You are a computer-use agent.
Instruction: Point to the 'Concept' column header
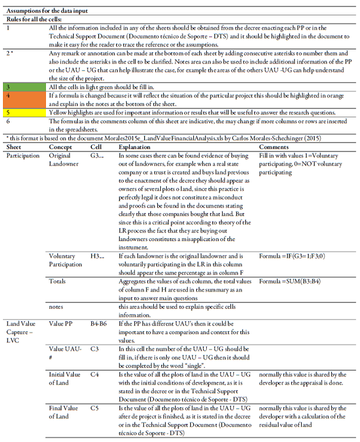61,146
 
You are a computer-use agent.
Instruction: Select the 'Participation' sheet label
24,154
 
